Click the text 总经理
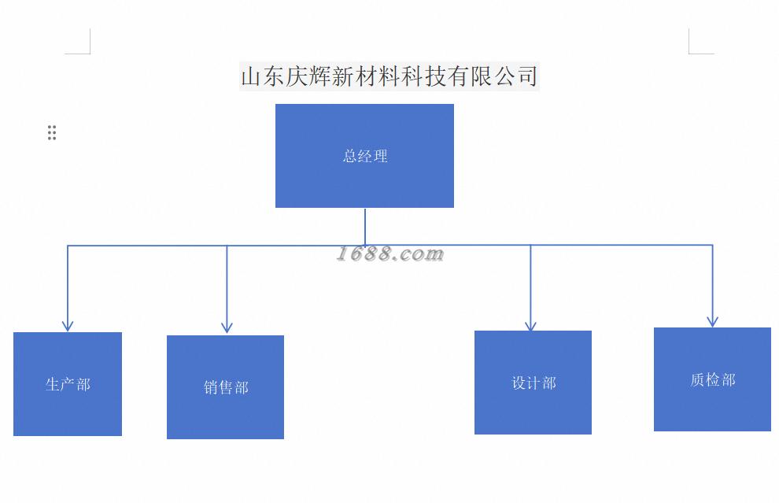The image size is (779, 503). click(365, 156)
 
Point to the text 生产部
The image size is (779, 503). click(68, 384)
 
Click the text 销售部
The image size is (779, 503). click(226, 387)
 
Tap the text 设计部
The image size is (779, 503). click(533, 383)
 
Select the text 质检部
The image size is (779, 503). click(712, 379)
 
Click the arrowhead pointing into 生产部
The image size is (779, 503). click(68, 325)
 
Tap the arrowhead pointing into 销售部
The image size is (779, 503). click(227, 327)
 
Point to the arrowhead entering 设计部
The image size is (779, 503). click(530, 325)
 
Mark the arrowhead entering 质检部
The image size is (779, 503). click(712, 321)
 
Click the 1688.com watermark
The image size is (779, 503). click(390, 253)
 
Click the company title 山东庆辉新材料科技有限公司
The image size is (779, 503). click(389, 76)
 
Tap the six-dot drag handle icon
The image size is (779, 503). click(52, 132)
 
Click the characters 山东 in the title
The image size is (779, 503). click(264, 76)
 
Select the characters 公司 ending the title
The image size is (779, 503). click(516, 76)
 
